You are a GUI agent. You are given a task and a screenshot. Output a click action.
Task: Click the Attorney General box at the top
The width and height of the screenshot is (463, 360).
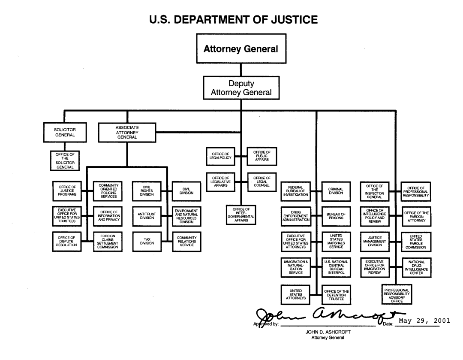point(241,48)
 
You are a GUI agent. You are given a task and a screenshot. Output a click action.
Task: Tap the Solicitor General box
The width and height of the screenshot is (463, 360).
point(65,132)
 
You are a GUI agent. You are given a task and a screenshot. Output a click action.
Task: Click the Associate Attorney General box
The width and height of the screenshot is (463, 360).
point(127,132)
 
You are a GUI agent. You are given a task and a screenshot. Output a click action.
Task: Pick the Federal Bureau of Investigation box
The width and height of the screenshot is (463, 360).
point(296,191)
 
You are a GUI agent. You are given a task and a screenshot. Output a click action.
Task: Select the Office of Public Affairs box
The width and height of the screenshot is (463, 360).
point(262,155)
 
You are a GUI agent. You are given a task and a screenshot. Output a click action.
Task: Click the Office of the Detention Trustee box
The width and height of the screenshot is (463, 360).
point(336,294)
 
